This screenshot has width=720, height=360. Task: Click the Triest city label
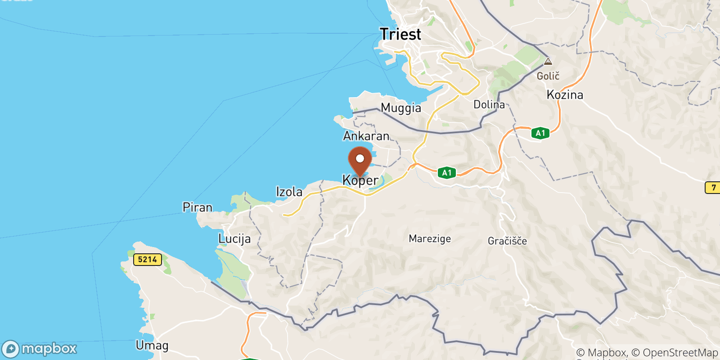click(400, 34)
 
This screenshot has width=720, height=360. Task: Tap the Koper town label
click(360, 180)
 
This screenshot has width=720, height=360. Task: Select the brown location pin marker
click(360, 160)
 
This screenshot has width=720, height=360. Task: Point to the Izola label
click(289, 192)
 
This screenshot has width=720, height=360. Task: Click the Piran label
click(197, 207)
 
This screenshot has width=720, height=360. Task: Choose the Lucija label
click(234, 238)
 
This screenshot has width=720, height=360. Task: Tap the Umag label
click(152, 346)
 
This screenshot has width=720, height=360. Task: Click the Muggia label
click(401, 108)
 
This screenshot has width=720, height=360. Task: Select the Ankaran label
click(366, 136)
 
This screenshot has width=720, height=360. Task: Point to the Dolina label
click(489, 105)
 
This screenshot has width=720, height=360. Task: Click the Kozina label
click(565, 95)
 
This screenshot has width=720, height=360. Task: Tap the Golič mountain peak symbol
click(548, 62)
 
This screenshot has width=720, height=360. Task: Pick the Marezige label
click(430, 238)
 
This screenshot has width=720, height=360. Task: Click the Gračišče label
click(507, 241)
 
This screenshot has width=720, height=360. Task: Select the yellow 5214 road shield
click(148, 259)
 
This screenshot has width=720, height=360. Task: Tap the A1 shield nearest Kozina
click(540, 133)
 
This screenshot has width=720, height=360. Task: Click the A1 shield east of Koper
click(446, 173)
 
